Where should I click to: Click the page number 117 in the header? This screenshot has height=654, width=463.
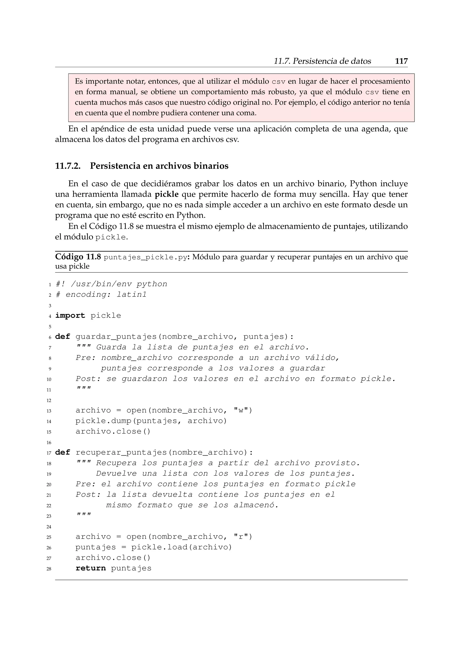(x=401, y=61)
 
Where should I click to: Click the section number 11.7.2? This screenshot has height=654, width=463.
(x=68, y=166)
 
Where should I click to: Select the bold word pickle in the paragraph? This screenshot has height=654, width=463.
(x=166, y=194)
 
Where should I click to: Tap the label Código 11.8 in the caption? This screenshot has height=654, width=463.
(x=78, y=257)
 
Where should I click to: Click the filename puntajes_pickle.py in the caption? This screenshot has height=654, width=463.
(x=145, y=257)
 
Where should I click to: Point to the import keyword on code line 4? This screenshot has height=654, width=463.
(x=70, y=316)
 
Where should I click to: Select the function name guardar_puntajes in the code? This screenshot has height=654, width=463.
(x=116, y=337)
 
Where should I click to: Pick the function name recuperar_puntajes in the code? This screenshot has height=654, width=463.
(x=121, y=453)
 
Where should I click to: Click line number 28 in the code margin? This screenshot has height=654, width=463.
(x=49, y=569)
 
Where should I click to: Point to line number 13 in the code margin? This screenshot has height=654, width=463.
(x=49, y=411)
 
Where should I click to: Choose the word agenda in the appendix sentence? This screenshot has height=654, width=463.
(x=376, y=129)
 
